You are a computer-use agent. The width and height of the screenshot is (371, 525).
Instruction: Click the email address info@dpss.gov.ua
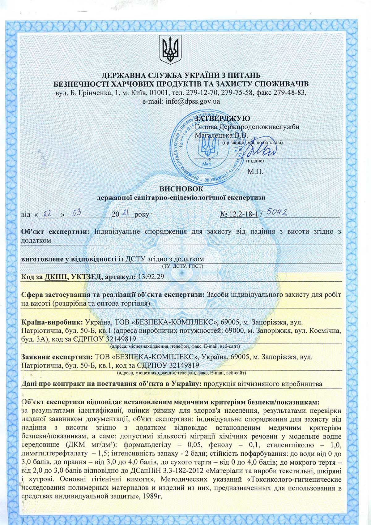pos(181,101)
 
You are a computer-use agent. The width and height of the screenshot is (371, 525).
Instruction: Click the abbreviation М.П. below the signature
pos(255,171)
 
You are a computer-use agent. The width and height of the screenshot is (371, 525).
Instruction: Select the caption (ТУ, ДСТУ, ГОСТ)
pos(182,266)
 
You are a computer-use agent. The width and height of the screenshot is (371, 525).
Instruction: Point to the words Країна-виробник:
pos(51,321)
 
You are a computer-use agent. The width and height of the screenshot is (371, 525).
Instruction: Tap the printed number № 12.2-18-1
pos(240,214)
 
